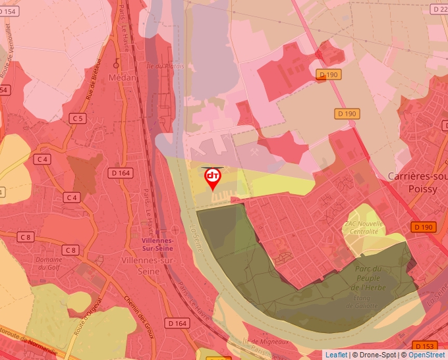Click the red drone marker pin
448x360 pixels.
tap(213, 178)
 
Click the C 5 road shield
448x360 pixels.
tap(78, 118)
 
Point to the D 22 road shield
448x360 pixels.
tap(439, 9)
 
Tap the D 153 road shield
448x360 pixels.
tap(424, 346)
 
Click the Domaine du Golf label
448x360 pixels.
tap(49, 264)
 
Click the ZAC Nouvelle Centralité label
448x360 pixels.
tap(362, 228)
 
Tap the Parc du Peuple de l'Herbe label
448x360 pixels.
tap(368, 278)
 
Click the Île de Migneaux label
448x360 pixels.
tap(266, 342)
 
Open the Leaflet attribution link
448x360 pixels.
tap(336, 355)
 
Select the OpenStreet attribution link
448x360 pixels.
tap(426, 355)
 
